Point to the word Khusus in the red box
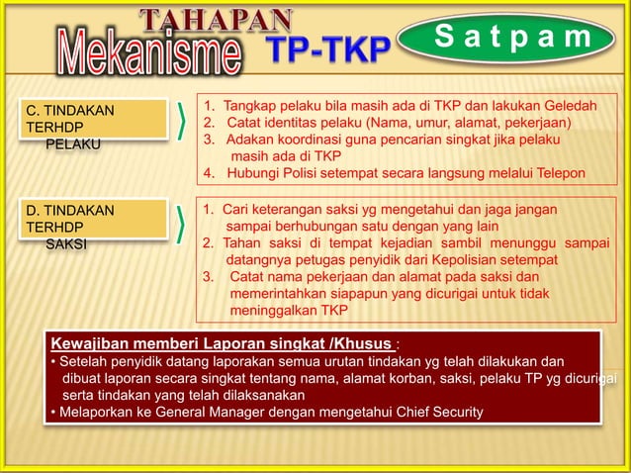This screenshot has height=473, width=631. (x=364, y=344)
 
